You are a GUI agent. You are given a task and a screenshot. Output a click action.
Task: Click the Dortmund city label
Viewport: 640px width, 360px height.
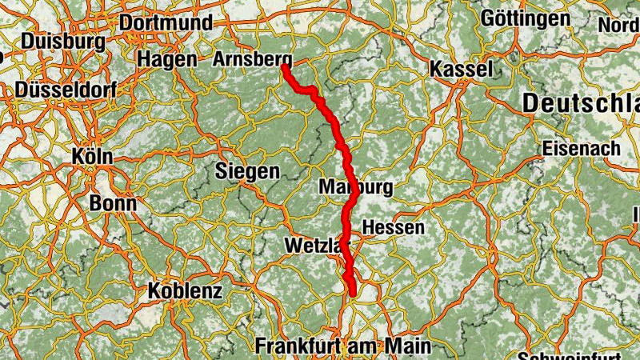(166, 22)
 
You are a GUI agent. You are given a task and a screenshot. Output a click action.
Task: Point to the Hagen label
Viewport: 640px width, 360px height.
(166, 59)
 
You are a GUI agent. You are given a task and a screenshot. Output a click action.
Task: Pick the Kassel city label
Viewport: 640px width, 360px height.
(462, 69)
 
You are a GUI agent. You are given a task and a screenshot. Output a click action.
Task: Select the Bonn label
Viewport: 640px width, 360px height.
(113, 203)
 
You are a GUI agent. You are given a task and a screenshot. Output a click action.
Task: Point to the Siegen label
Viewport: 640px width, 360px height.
(247, 170)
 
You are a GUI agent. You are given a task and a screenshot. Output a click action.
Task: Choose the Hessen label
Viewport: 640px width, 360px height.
(393, 227)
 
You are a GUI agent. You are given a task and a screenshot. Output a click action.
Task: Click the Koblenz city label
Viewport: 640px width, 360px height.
(185, 291)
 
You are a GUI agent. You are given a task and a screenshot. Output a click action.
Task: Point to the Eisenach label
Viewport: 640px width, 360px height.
(581, 149)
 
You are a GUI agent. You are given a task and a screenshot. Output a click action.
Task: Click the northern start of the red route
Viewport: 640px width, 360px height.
(284, 67)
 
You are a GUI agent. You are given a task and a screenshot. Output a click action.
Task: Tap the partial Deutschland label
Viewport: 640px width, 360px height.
(581, 103)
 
